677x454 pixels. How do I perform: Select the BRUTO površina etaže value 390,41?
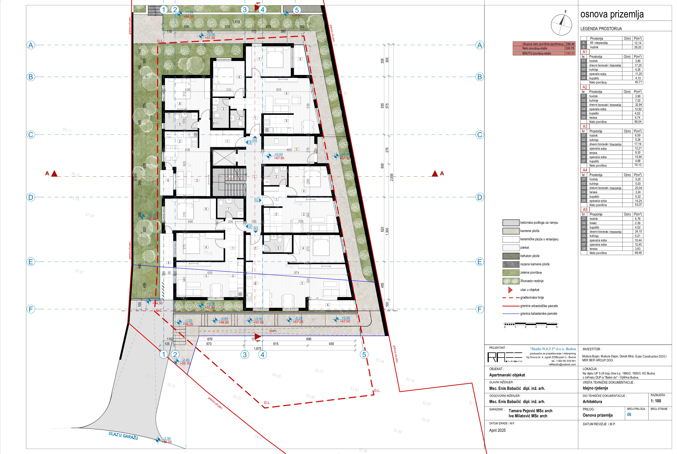click(570, 53)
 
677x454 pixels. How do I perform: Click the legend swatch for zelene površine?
click(511, 272)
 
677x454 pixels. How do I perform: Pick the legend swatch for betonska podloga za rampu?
click(511, 223)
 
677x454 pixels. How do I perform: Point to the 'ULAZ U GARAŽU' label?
click(123, 435)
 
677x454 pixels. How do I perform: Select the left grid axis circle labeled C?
click(31, 135)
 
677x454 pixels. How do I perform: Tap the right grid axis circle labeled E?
click(479, 262)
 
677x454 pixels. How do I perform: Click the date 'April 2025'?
click(497, 430)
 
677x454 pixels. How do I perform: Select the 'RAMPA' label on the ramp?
click(273, 331)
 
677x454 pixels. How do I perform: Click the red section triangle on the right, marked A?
click(435, 174)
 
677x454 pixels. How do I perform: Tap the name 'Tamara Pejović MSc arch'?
click(530, 411)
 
